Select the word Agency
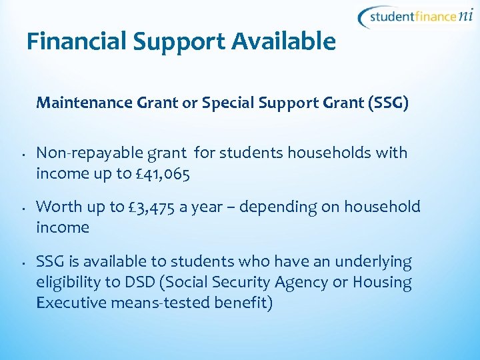303,283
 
